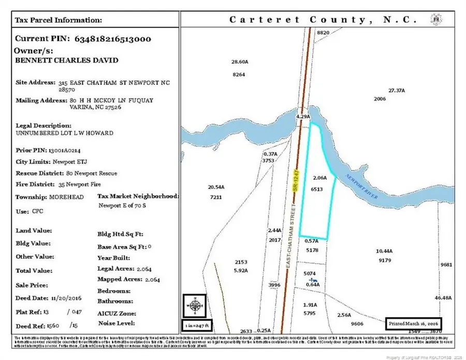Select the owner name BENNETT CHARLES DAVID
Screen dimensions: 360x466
coord(67,61)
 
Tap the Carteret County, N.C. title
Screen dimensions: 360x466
coord(323,20)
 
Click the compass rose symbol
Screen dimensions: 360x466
coord(194,305)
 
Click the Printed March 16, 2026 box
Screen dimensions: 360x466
coord(413,323)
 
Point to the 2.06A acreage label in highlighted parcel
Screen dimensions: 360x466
coord(320,177)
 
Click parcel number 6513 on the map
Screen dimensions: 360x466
coord(317,190)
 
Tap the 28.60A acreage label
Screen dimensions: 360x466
coord(240,62)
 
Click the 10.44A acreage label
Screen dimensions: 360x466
coord(384,251)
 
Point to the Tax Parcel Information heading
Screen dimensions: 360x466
coord(58,20)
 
